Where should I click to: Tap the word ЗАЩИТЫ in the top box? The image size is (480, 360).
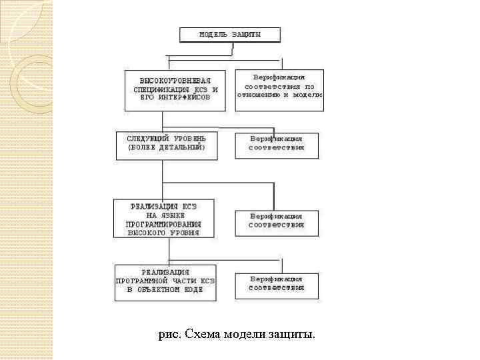(x=247, y=33)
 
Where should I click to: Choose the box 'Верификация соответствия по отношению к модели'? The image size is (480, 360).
(x=279, y=90)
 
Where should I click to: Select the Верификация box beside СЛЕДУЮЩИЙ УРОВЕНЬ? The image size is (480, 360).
(x=276, y=145)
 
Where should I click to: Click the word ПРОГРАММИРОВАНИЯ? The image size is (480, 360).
(x=163, y=225)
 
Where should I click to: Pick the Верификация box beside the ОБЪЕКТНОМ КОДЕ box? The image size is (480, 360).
(x=276, y=285)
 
